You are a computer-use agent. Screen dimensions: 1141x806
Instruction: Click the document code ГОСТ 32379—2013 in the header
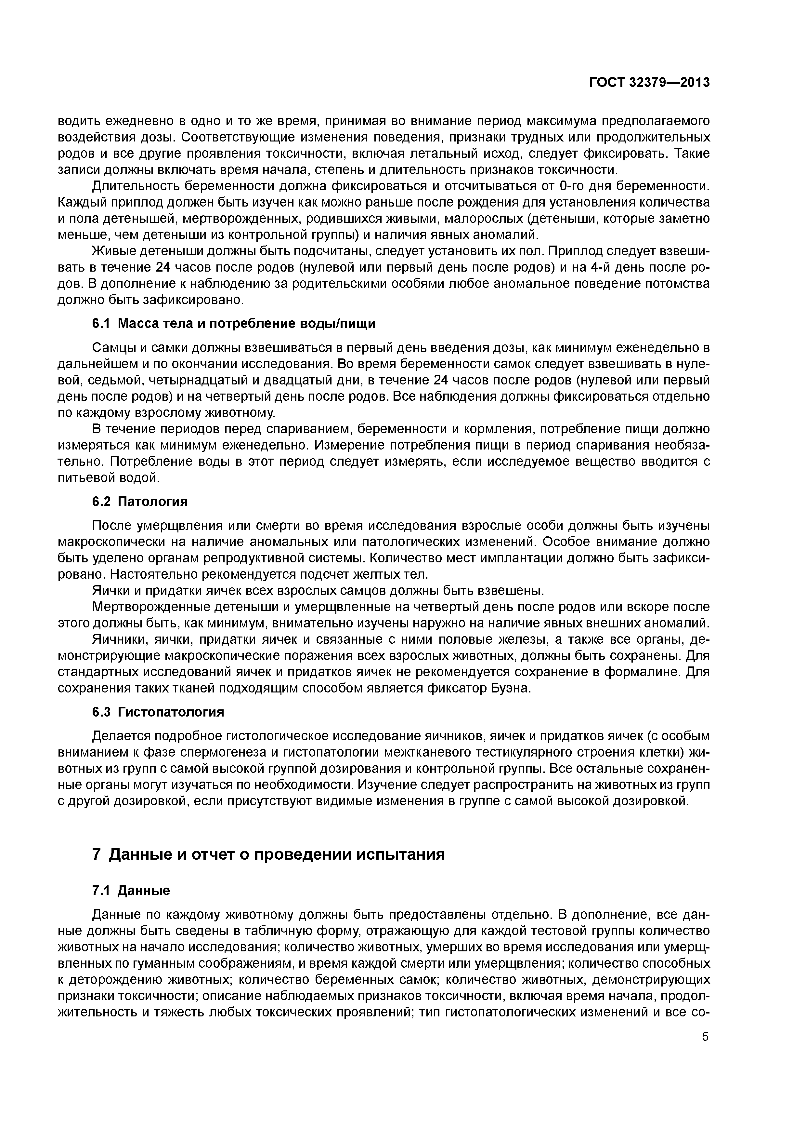pyautogui.click(x=649, y=83)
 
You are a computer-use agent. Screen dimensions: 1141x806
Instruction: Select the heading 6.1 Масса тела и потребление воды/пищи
pyautogui.click(x=234, y=324)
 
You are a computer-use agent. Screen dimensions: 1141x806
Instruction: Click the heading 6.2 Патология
pyautogui.click(x=140, y=502)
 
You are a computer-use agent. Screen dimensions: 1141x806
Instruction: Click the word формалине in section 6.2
pyautogui.click(x=643, y=672)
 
